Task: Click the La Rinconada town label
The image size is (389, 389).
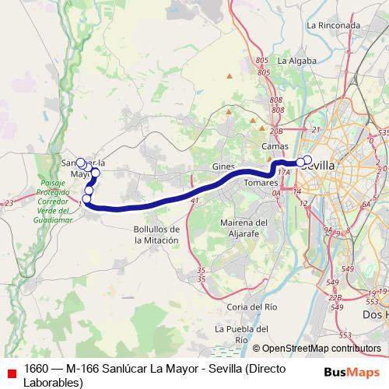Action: pos(335,25)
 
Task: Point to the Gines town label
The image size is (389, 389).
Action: pos(223,167)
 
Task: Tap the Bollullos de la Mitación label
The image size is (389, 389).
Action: pos(156,235)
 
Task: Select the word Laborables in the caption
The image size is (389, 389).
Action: pos(53,382)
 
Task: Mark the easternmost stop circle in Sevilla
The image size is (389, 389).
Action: pos(307,159)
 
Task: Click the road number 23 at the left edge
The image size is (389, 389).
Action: pos(9,203)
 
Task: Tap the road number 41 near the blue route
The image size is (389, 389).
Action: pos(194,201)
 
